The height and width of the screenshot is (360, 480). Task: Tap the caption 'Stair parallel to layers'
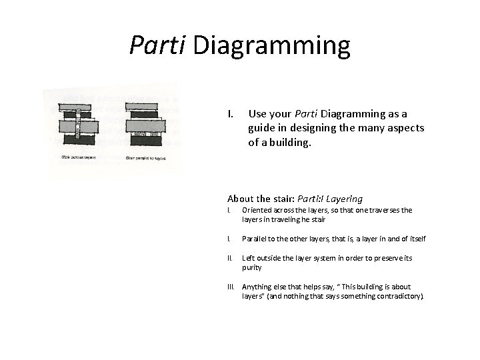146,158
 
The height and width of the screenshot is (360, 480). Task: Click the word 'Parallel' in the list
255,239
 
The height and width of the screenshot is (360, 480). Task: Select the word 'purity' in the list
252,267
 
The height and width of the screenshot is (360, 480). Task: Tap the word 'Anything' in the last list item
258,287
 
